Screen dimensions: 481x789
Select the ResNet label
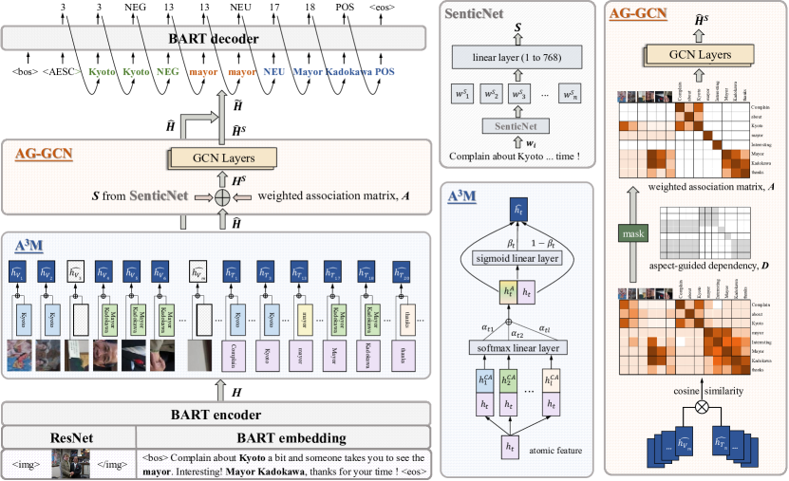click(x=68, y=438)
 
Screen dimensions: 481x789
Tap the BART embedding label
click(x=283, y=438)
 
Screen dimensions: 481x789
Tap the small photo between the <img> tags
click(x=68, y=464)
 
